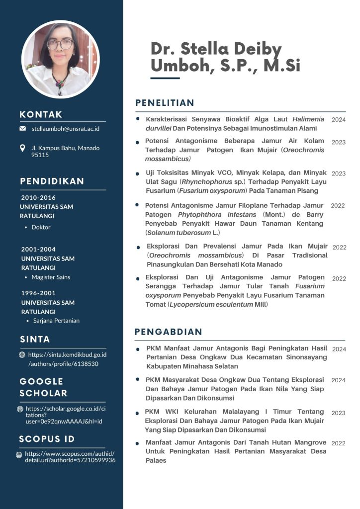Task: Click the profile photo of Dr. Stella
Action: [x=61, y=59]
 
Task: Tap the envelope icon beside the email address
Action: [x=22, y=129]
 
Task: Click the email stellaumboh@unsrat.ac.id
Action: [x=66, y=129]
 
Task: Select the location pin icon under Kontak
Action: [x=22, y=148]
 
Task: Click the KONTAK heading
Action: [x=41, y=114]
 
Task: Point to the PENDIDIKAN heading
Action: [x=52, y=181]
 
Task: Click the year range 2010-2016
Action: [x=38, y=197]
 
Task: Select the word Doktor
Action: [x=41, y=227]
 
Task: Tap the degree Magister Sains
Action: [x=51, y=277]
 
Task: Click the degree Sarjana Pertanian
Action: [x=56, y=321]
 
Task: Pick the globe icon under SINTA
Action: [x=22, y=355]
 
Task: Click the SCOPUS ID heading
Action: [x=47, y=439]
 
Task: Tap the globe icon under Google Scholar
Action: [x=20, y=409]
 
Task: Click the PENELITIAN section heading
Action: [x=165, y=103]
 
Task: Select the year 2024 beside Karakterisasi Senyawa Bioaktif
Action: [x=339, y=120]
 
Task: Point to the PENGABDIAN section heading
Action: [x=169, y=332]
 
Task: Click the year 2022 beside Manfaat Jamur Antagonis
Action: [x=338, y=443]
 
